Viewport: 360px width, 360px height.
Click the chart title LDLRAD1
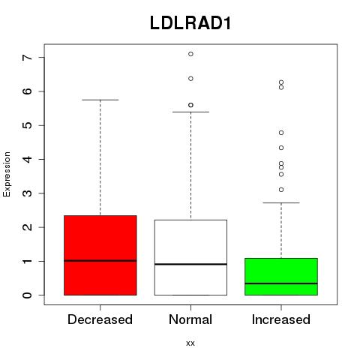[190, 23]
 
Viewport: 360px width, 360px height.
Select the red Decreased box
[100, 255]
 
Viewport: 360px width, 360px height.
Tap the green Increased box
[281, 277]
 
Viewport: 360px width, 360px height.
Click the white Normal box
[190, 257]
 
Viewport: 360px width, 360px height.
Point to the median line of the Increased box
[281, 283]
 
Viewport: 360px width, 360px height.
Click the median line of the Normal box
[190, 264]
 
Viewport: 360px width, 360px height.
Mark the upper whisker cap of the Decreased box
[100, 100]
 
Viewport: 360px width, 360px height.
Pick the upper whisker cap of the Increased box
[281, 202]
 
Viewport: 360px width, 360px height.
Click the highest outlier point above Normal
[190, 54]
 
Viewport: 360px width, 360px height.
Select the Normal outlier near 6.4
[190, 79]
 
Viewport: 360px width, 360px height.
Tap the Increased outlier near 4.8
[281, 133]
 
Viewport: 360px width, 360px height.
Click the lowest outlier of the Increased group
[281, 190]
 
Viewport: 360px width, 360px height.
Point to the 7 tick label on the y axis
[28, 58]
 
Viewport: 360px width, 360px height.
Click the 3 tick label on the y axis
[28, 193]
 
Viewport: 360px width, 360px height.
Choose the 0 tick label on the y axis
[28, 295]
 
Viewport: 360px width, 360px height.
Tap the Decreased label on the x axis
[100, 319]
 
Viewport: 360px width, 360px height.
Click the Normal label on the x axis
[190, 319]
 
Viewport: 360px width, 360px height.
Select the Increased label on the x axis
[281, 319]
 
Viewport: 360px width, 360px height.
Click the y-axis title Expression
[7, 174]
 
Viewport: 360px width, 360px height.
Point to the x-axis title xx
[190, 343]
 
